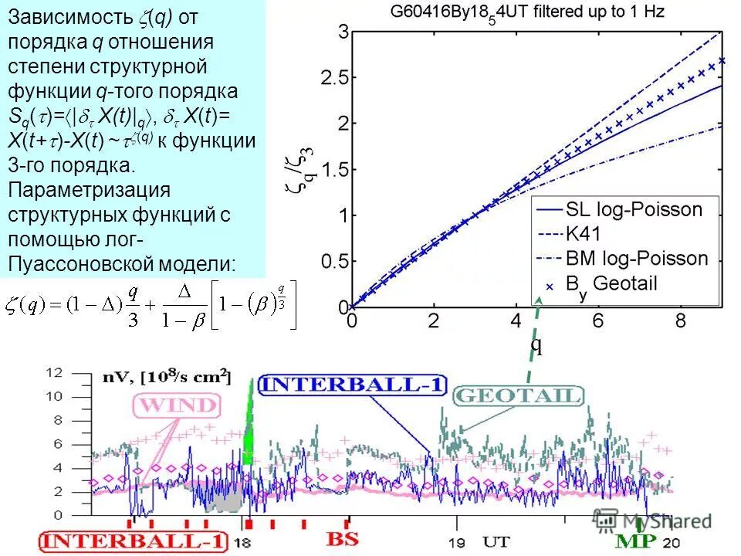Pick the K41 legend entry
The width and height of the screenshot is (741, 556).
point(583,233)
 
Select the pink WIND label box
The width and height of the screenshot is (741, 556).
point(177,405)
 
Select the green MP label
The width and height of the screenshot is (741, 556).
point(635,541)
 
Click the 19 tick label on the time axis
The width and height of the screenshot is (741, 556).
point(457,541)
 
